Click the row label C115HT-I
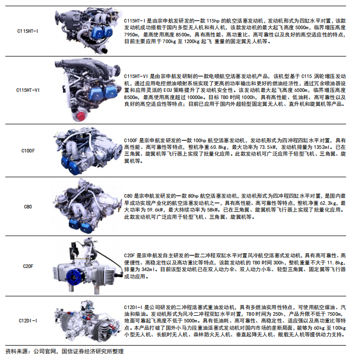pyautogui.click(x=28, y=31)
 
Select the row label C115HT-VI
pyautogui.click(x=28, y=90)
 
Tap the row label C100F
pyautogui.click(x=28, y=151)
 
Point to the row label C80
pyautogui.click(x=28, y=207)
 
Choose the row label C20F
pyautogui.click(x=28, y=267)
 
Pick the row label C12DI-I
pyautogui.click(x=28, y=321)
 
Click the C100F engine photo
pyautogui.click(x=88, y=150)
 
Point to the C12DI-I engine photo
pyautogui.click(x=88, y=321)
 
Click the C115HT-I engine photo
pyautogui.click(x=88, y=30)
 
